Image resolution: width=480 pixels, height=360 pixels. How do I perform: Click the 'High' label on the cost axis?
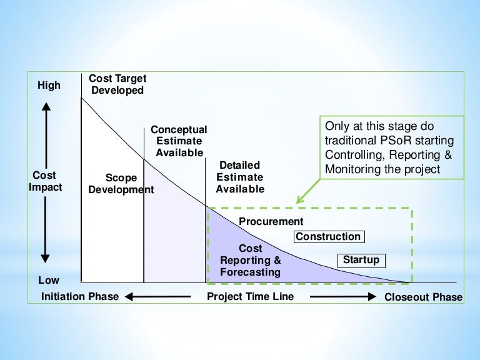click(49, 85)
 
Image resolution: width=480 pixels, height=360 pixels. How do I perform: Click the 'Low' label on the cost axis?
click(49, 281)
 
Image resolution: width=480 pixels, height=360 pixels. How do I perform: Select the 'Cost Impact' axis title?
click(46, 181)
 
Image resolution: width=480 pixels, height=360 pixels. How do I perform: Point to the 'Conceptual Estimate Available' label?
click(179, 141)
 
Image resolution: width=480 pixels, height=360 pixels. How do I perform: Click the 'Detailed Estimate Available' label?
click(240, 177)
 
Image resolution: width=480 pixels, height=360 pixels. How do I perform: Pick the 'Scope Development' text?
click(121, 184)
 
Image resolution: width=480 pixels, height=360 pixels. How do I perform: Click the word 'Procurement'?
click(271, 221)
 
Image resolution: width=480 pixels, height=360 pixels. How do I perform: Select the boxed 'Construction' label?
click(328, 237)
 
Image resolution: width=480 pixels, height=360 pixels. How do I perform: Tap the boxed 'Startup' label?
click(361, 260)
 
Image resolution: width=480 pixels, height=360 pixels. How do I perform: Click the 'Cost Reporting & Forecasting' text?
click(251, 261)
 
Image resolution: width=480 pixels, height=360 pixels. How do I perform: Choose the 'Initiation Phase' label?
click(79, 296)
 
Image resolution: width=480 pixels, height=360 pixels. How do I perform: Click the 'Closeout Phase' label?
click(424, 297)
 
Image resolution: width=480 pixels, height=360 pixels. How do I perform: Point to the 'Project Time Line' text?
click(251, 296)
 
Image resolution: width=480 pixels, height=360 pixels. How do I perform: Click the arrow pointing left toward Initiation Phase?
click(149, 296)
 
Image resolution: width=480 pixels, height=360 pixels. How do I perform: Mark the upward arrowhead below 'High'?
click(46, 107)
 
